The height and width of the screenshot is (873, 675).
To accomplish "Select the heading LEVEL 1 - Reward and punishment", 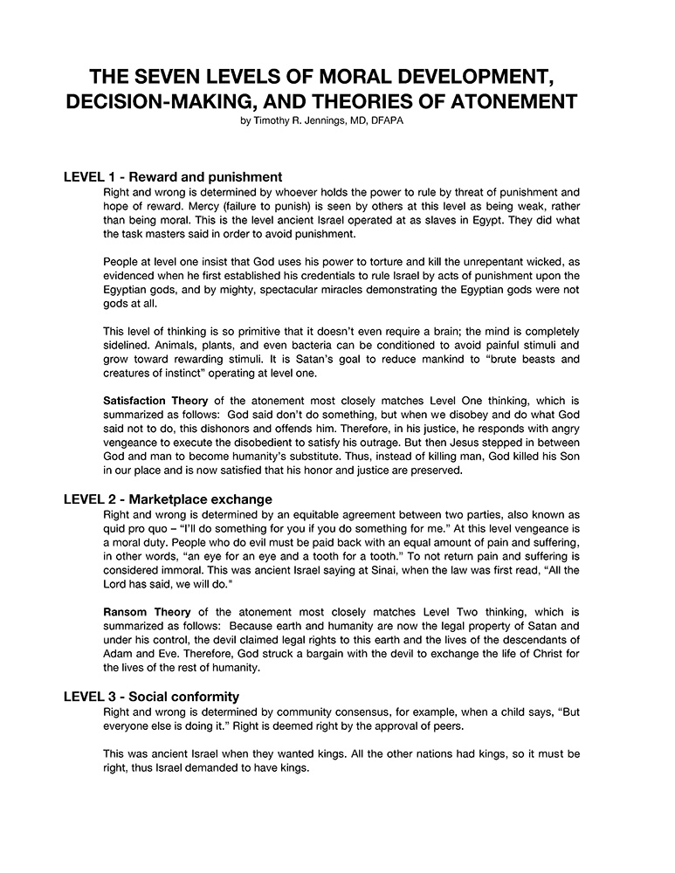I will coord(173,176).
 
